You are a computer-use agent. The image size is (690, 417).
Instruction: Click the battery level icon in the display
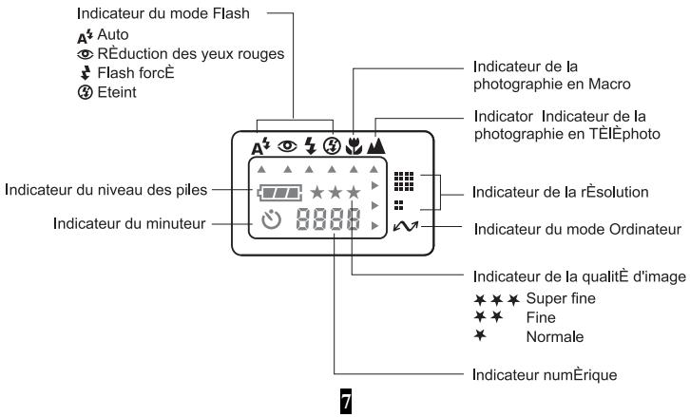[279, 193]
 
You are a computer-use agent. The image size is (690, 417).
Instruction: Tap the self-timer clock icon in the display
[272, 219]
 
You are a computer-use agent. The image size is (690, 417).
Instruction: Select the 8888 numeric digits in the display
[328, 219]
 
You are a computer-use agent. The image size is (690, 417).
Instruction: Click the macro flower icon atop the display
[354, 146]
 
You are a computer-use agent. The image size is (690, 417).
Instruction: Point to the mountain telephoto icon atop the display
[375, 145]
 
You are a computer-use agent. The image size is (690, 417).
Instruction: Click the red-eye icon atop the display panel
[287, 145]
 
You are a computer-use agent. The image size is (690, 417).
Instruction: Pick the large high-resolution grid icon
[404, 181]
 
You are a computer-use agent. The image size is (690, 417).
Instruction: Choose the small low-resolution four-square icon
[398, 205]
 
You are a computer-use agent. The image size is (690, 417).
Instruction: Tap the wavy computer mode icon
[406, 226]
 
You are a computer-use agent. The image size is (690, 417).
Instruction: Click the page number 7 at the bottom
[346, 401]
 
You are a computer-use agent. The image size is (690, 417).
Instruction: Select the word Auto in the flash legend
[113, 34]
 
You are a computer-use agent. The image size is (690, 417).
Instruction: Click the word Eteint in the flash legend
[117, 92]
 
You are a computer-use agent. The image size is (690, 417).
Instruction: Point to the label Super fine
[561, 298]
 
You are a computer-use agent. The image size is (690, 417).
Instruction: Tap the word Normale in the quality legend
[555, 337]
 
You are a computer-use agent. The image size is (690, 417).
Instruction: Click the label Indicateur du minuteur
[129, 223]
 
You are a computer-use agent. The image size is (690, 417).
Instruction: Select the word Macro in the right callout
[609, 84]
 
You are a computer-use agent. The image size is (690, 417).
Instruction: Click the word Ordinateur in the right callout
[645, 229]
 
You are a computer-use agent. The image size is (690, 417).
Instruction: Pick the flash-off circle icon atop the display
[332, 145]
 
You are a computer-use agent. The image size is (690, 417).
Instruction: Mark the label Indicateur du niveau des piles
[105, 190]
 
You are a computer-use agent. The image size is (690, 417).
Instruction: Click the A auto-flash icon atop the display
[260, 146]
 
